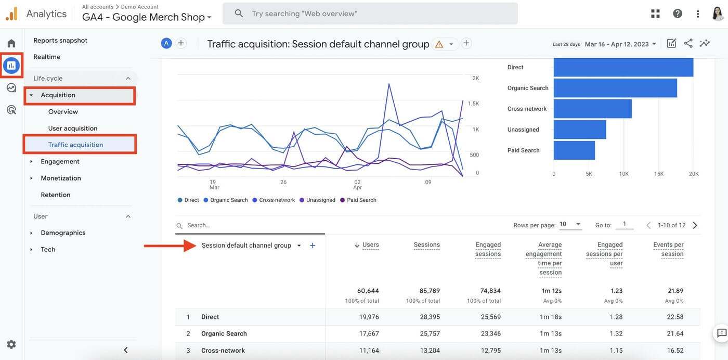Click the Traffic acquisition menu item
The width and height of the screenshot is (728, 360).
pos(75,145)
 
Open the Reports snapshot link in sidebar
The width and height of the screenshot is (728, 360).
pos(60,40)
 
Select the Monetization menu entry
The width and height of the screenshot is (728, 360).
pos(61,178)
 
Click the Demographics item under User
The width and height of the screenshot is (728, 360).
pos(63,233)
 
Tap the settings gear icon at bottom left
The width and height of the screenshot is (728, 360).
pos(11,344)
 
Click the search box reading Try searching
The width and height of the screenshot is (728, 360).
pos(370,14)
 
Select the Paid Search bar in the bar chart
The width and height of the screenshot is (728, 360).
pos(574,150)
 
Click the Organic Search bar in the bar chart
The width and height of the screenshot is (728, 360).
pos(615,88)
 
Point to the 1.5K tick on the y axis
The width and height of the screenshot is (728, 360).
pos(473,104)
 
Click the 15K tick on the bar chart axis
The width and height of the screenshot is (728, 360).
pos(659,174)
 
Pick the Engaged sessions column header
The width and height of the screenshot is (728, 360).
pos(488,249)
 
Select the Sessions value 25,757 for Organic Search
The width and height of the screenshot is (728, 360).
pos(430,333)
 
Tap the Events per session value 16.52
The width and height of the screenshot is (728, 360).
pos(674,350)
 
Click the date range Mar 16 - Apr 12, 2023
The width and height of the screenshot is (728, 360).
pos(620,44)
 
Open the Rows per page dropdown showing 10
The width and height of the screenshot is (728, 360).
pos(570,225)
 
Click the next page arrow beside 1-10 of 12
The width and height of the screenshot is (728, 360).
pos(695,225)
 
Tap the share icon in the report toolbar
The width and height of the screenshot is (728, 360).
pos(688,44)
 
